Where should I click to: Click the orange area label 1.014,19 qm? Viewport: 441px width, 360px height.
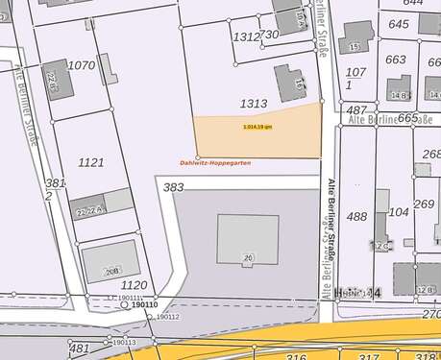click(x=257, y=126)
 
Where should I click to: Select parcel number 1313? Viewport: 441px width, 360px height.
click(x=254, y=103)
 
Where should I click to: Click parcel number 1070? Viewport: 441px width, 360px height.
click(x=82, y=65)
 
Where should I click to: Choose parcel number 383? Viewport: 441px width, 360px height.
click(x=173, y=187)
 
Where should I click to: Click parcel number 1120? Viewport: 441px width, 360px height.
click(x=134, y=285)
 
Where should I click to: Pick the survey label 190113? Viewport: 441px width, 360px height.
click(x=124, y=342)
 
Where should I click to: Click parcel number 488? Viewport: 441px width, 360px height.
click(x=356, y=217)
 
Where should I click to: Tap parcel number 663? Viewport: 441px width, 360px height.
click(x=395, y=60)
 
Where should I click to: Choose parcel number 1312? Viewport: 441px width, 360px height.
click(x=246, y=36)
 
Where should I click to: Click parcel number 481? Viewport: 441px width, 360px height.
click(x=79, y=348)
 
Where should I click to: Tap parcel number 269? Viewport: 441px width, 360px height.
click(x=424, y=204)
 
